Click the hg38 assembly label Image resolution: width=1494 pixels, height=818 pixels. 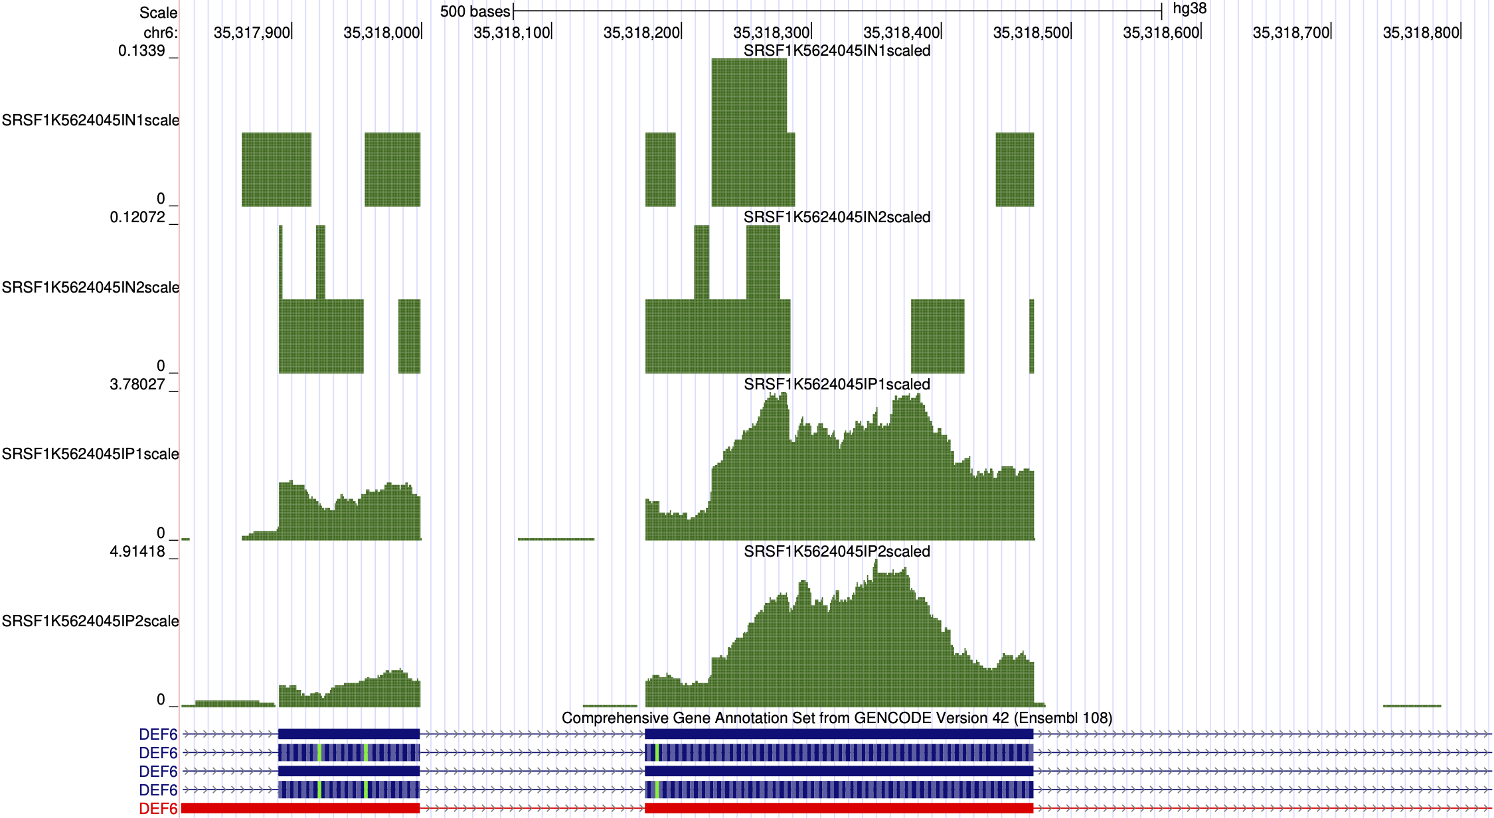pos(1189,9)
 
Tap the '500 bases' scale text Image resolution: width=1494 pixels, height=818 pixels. pos(475,11)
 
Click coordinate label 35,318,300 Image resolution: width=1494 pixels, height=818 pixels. pos(771,33)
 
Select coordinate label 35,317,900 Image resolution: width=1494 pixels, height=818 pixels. pos(252,33)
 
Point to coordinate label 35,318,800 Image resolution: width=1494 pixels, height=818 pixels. pos(1420,33)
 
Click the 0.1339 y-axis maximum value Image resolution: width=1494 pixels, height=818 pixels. pos(141,51)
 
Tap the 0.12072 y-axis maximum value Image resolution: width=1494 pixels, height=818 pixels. pos(137,218)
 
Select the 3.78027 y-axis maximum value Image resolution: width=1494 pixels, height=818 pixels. pos(137,385)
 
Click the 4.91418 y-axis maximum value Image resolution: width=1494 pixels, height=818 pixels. pos(137,552)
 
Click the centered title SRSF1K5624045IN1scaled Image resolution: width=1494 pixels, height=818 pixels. pos(837,51)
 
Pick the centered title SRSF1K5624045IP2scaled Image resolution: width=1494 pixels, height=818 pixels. pos(837,552)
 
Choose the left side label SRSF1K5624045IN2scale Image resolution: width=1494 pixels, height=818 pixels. pos(90,287)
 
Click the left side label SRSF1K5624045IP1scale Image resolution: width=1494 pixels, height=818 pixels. pos(90,454)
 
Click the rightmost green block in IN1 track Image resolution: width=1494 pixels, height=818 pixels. pos(1015,170)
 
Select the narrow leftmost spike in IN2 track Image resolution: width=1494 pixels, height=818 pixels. pos(281,262)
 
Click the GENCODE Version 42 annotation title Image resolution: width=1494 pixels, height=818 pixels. pos(837,718)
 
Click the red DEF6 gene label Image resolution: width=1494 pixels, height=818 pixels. pos(158,809)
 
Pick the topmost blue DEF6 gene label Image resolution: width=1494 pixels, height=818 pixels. pos(158,734)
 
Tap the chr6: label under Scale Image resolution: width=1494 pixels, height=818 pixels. pos(160,33)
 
